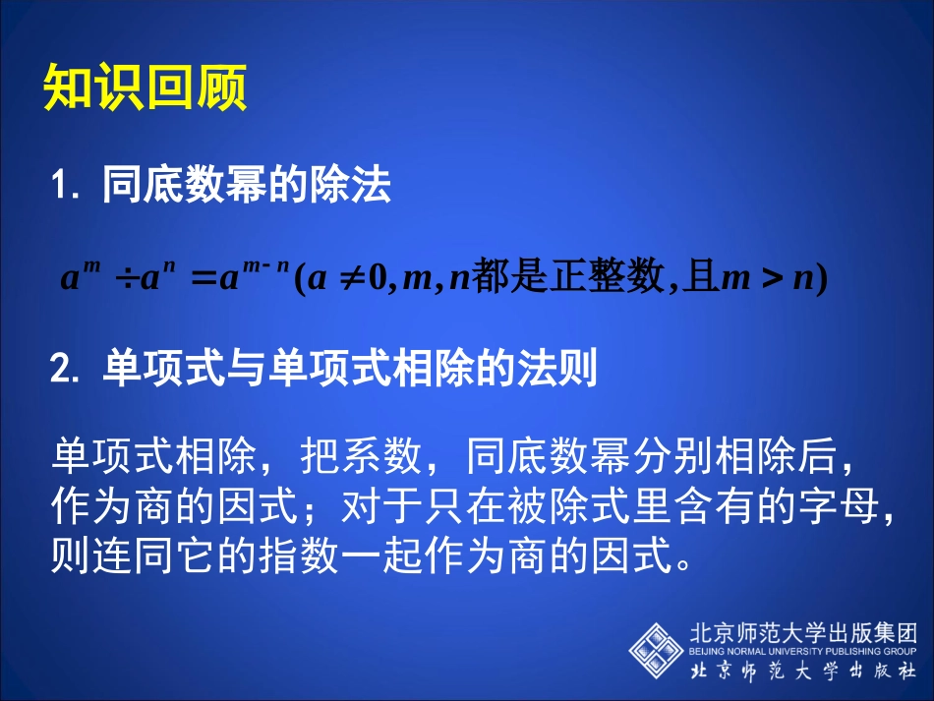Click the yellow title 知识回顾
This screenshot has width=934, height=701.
click(x=145, y=88)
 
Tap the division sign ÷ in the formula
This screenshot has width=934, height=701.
click(x=126, y=280)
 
